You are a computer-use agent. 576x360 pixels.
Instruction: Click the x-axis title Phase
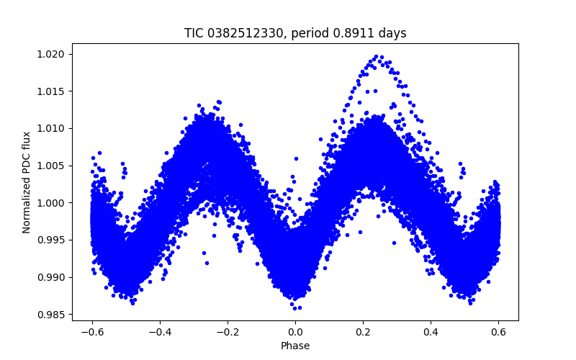pyautogui.click(x=295, y=346)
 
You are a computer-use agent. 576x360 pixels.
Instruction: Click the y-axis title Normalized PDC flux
pyautogui.click(x=27, y=182)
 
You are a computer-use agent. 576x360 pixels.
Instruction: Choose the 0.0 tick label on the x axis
pyautogui.click(x=295, y=332)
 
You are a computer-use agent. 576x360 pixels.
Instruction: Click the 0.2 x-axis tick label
pyautogui.click(x=363, y=332)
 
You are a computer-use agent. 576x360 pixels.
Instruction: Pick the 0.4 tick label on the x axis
pyautogui.click(x=431, y=332)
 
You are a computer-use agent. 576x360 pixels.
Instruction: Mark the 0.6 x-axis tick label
pyautogui.click(x=498, y=332)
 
